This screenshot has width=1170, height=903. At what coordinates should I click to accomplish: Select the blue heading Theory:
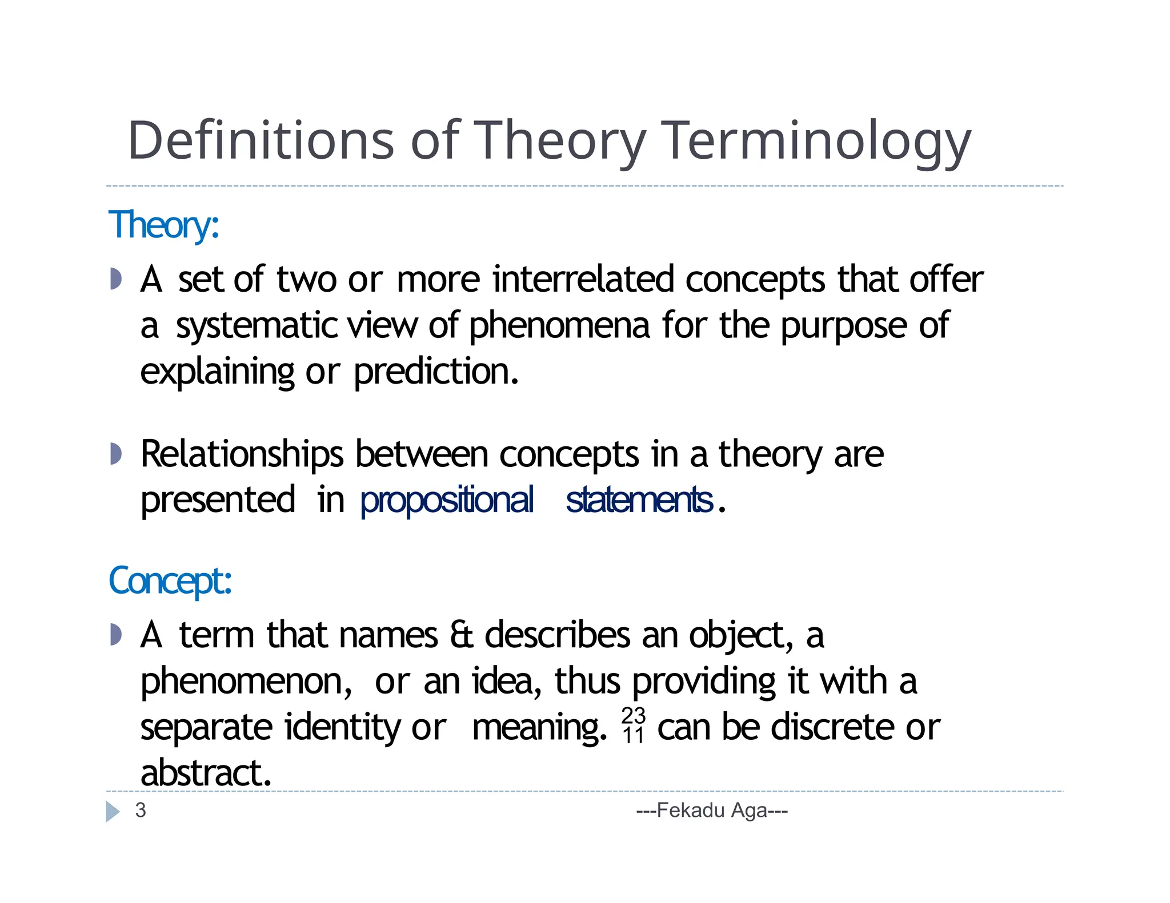coord(163,225)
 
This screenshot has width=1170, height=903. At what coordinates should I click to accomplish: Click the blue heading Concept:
coord(170,581)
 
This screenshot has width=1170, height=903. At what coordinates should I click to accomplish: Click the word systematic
coord(257,326)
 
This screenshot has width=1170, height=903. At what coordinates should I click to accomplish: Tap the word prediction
coord(436,372)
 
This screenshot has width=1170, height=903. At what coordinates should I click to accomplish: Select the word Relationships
coord(242,454)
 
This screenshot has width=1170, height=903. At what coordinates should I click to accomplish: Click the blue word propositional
coord(447,500)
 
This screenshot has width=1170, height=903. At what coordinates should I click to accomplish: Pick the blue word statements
coord(639,500)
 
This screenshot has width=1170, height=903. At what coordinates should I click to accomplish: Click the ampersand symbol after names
coord(462,635)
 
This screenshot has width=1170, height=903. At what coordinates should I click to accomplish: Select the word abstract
coord(206,773)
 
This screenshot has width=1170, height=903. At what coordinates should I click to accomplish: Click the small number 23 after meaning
coord(633,715)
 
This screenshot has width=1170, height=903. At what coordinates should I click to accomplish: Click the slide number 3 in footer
coord(141,811)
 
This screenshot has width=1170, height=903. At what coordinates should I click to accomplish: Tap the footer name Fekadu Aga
coord(712,811)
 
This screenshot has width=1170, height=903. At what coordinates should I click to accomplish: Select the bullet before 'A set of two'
coord(116,279)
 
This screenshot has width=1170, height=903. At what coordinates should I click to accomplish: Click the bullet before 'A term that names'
coord(116,635)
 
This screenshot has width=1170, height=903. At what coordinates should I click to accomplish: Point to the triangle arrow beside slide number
coord(113,811)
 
